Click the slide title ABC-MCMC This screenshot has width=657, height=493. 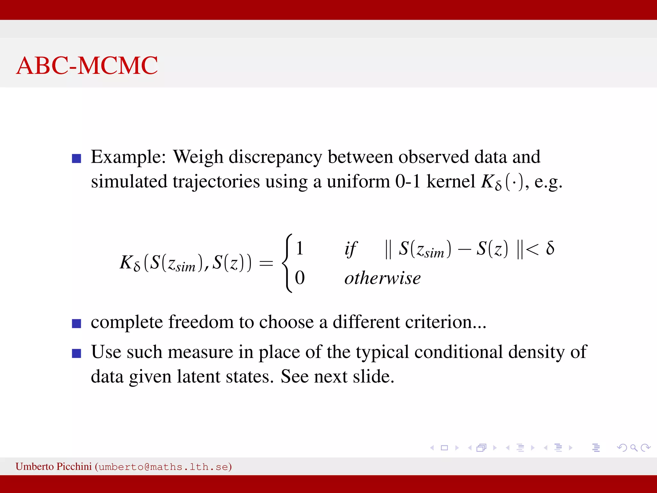coord(87,65)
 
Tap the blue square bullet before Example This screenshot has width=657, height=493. coord(76,159)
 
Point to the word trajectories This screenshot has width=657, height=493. coord(216,182)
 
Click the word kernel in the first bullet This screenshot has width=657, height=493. coord(450,182)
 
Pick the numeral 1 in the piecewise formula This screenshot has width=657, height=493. coord(300,248)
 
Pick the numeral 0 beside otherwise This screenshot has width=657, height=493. coord(300,278)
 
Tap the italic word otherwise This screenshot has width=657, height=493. coord(382,278)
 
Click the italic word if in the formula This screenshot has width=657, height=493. coord(350,249)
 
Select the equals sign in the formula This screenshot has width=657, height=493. coord(266,264)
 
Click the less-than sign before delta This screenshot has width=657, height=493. coord(533,249)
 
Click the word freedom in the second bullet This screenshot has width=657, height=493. coord(201,322)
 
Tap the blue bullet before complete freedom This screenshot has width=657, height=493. coord(76,324)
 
